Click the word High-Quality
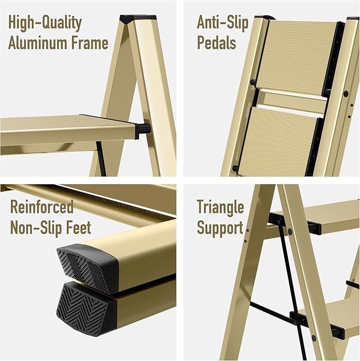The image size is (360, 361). coord(45,23)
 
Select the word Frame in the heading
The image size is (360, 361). coord(89,43)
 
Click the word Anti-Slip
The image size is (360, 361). coord(222,23)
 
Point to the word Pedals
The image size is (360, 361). coord(216,43)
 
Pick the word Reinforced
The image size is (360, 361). coord(41,207)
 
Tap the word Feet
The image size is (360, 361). coord(78,227)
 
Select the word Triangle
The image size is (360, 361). coord(220,207)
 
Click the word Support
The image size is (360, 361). coord(220,227)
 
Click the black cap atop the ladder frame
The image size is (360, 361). coord(130,19)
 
